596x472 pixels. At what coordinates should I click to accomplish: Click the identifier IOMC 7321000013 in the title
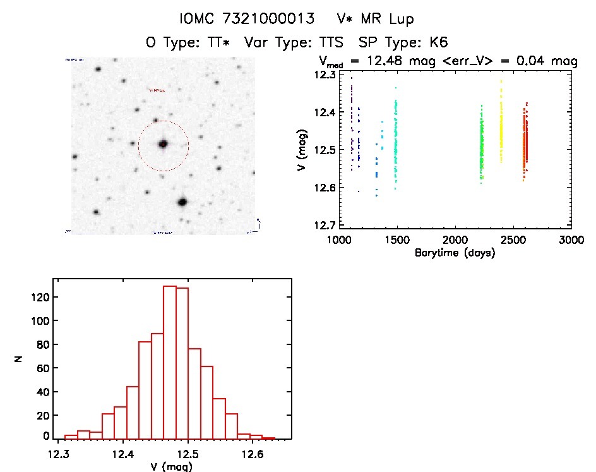coord(247,20)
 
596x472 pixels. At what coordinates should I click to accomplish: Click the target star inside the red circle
coord(163,144)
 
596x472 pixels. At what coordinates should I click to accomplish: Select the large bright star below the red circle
coord(182,202)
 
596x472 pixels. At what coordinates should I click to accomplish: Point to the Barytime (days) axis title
coord(455,253)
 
